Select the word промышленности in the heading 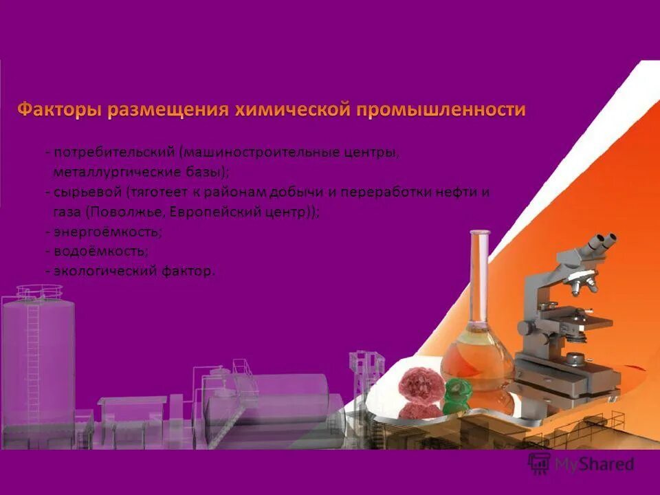(440, 110)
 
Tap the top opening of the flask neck (480, 233)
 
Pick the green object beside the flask (456, 395)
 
